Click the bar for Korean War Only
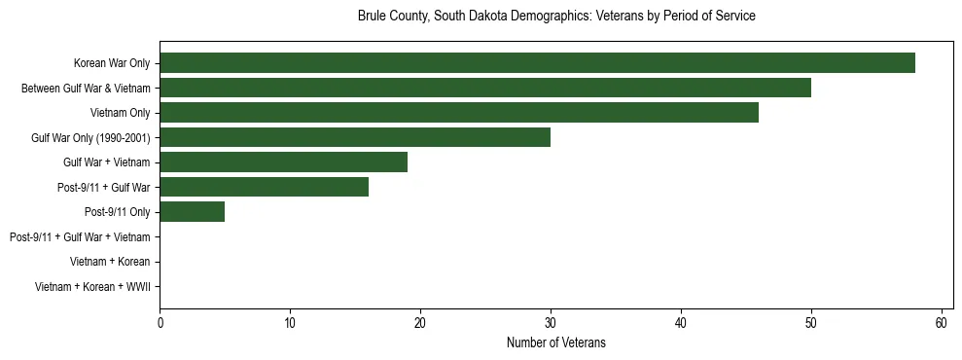[537, 63]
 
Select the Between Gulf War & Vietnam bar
[484, 88]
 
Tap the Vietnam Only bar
[458, 113]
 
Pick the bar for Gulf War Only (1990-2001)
[354, 137]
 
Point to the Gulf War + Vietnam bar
[283, 162]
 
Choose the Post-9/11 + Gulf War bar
[264, 187]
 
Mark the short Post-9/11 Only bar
[192, 212]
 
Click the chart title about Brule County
[556, 17]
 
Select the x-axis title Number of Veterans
[555, 343]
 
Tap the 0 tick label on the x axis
[160, 323]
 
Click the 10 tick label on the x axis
[290, 323]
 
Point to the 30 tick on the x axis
[551, 323]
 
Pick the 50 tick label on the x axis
[811, 323]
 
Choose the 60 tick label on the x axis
[941, 323]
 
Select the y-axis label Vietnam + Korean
[110, 262]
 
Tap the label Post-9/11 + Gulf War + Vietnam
[80, 237]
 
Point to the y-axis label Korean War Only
[112, 64]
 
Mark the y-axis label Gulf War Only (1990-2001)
[90, 138]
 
